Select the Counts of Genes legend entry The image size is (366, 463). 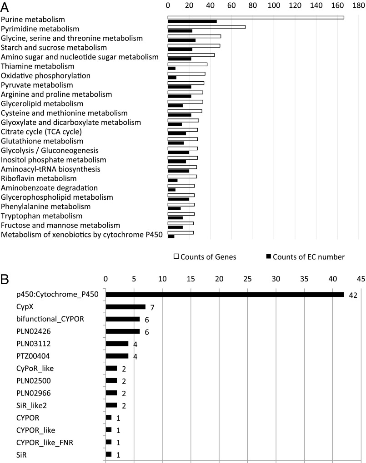click(205, 257)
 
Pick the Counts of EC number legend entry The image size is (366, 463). click(305, 257)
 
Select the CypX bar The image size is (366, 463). click(125, 307)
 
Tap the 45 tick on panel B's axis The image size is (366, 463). click(361, 279)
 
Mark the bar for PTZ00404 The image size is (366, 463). click(117, 356)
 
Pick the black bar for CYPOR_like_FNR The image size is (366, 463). click(108, 442)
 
